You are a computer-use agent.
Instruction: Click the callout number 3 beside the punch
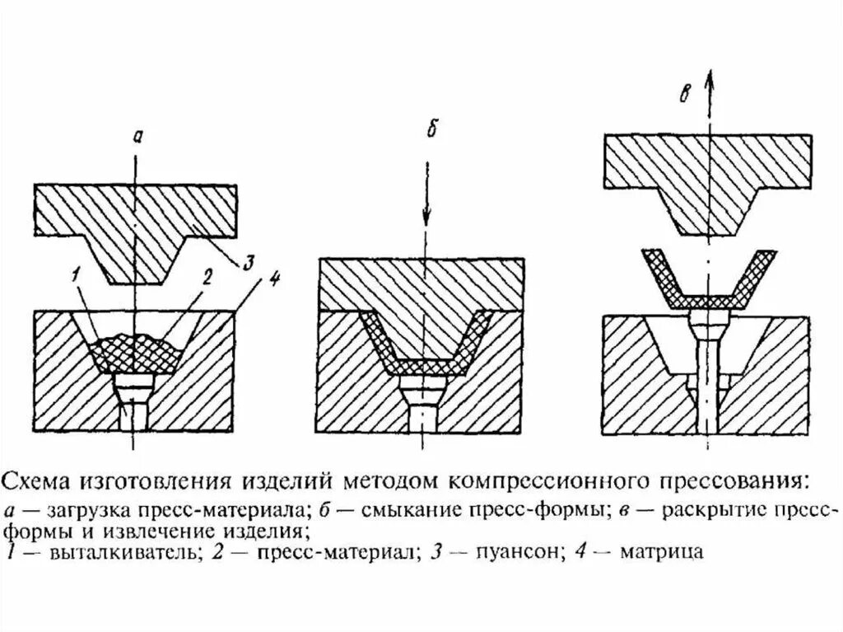(x=249, y=264)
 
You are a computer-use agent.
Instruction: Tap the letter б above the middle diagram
(x=428, y=131)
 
